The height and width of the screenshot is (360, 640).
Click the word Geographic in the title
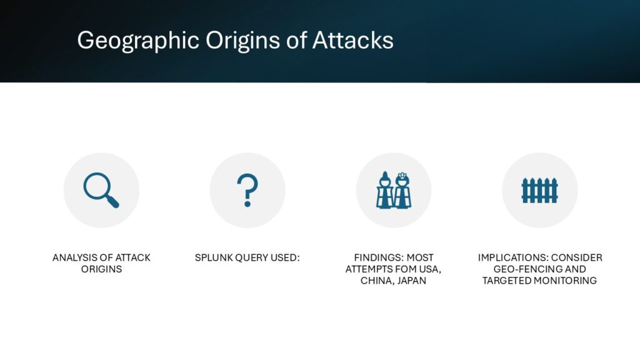[138, 41]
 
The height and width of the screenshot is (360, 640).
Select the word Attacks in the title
[352, 40]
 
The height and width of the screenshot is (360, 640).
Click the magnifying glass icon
[101, 190]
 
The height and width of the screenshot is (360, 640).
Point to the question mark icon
[247, 190]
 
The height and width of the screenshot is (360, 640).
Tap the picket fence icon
[539, 190]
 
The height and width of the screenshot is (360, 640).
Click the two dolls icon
[394, 190]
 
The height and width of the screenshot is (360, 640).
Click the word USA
[430, 269]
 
